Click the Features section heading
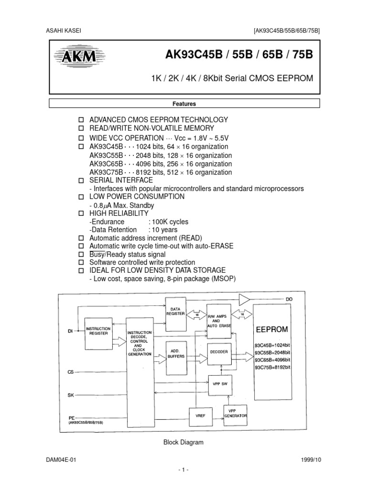pyautogui.click(x=184, y=103)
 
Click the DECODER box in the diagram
pyautogui.click(x=219, y=352)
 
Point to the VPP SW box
pyautogui.click(x=219, y=383)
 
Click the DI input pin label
pyautogui.click(x=70, y=331)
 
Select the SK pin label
pyautogui.click(x=71, y=395)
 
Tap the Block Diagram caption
pyautogui.click(x=183, y=443)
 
